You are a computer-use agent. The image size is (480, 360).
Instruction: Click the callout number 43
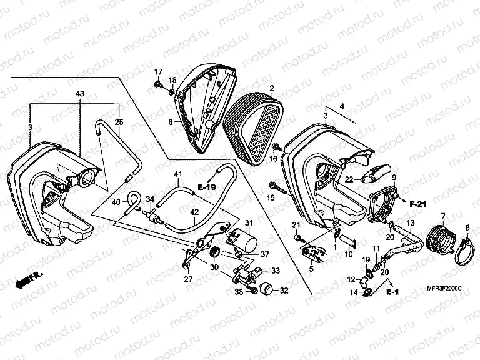point(80,94)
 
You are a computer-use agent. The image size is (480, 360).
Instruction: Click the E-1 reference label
point(392,292)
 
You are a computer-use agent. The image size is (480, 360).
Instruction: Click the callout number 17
point(158,71)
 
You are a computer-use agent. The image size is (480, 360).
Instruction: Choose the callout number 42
point(195,212)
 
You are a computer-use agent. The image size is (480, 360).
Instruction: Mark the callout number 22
point(350,179)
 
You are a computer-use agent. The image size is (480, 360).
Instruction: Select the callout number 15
point(271,198)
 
